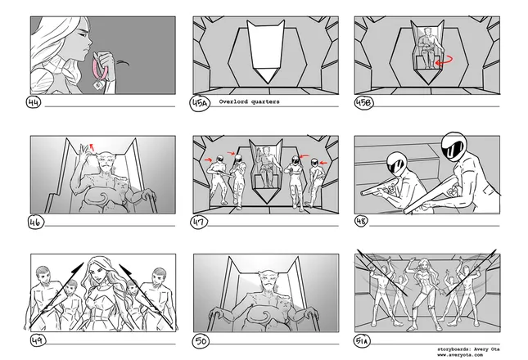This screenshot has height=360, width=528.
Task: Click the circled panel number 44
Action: [x=33, y=102]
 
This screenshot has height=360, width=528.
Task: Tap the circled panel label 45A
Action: [x=200, y=103]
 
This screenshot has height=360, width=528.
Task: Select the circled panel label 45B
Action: [x=363, y=102]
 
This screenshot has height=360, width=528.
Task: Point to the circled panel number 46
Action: [x=35, y=222]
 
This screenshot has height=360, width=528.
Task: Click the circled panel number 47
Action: [x=199, y=222]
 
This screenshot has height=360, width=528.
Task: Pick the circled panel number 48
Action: [x=361, y=221]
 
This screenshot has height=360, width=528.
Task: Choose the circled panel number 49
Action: [x=38, y=340]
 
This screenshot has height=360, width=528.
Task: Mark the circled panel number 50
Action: [x=201, y=341]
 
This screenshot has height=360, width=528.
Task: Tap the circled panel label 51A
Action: [x=362, y=341]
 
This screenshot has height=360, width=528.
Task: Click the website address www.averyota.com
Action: [x=460, y=354]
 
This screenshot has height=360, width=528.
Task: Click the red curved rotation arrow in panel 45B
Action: [x=444, y=61]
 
